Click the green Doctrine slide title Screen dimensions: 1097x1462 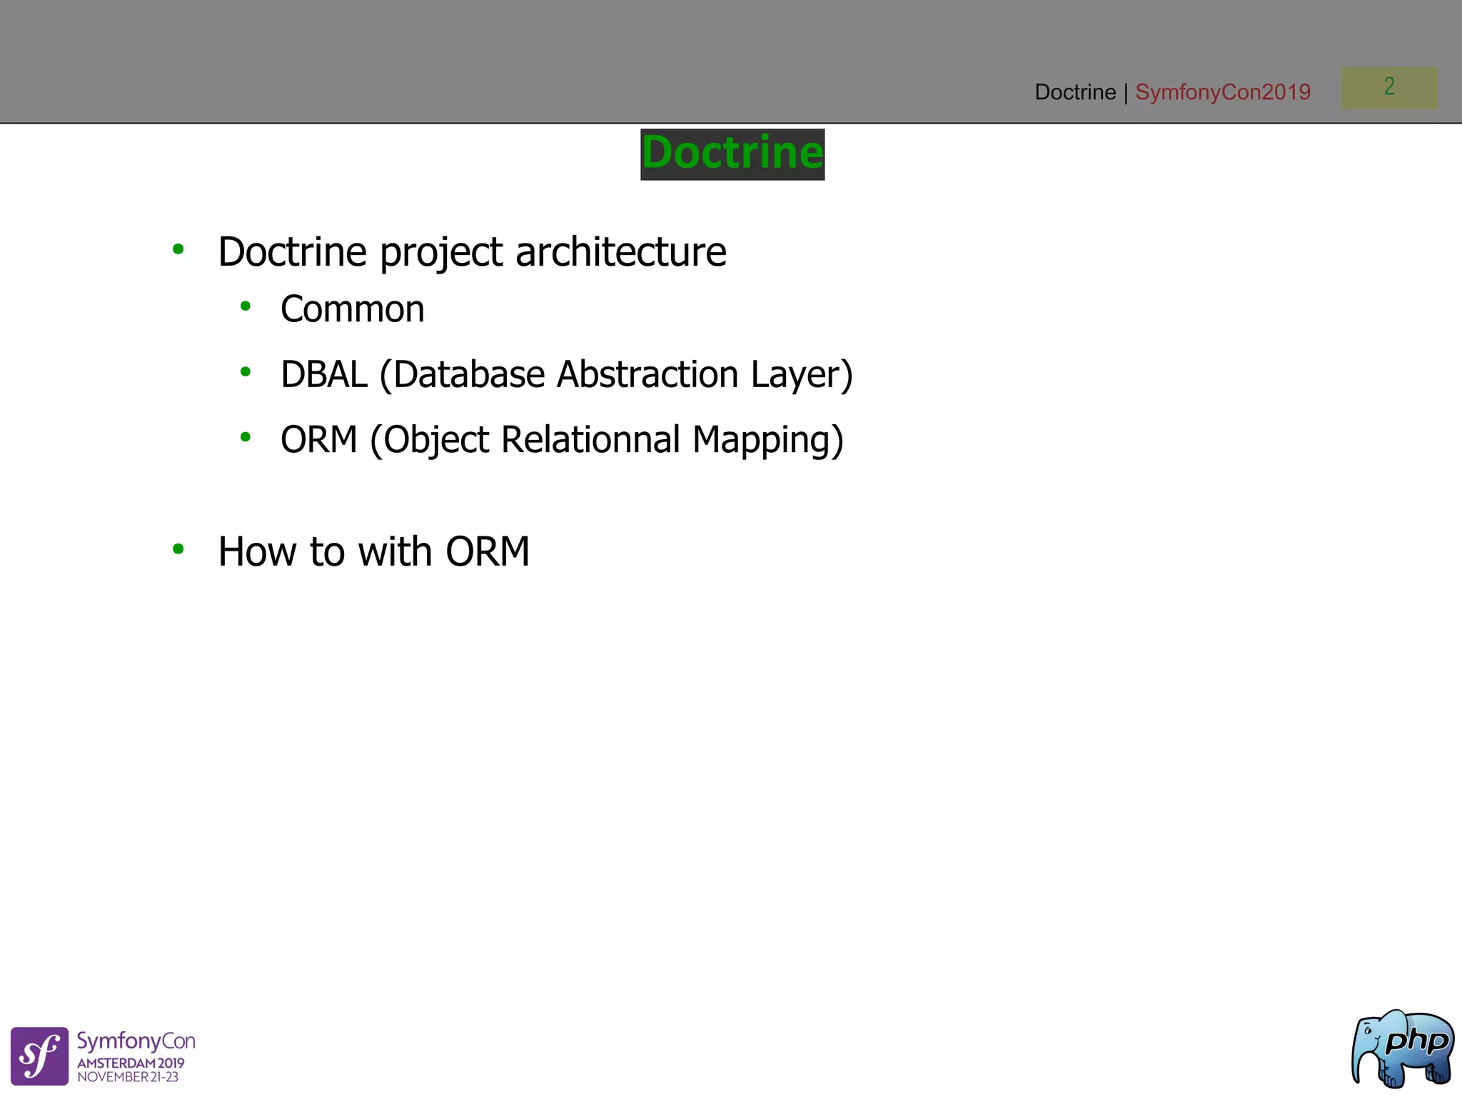(x=732, y=154)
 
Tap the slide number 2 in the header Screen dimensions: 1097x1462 (x=1389, y=87)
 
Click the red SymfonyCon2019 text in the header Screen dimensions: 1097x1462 (x=1223, y=92)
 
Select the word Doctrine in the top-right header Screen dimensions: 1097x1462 (x=1075, y=92)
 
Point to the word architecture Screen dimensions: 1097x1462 (x=620, y=252)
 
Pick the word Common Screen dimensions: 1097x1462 (x=353, y=309)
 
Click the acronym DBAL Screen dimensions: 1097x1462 (x=323, y=374)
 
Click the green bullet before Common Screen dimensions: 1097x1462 (x=246, y=307)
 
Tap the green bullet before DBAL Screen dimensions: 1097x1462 (x=246, y=372)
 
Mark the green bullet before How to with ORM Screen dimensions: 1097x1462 (x=178, y=549)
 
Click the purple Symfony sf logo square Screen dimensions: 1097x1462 (x=40, y=1056)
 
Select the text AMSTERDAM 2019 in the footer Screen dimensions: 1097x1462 (x=131, y=1063)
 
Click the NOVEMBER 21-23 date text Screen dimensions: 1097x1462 (x=128, y=1077)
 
